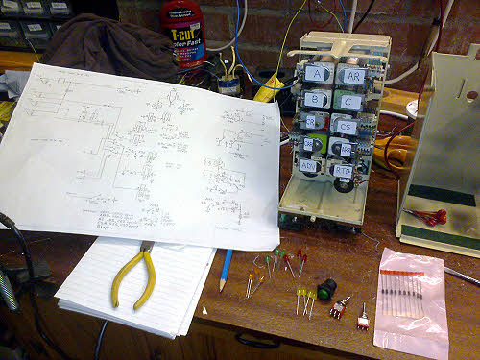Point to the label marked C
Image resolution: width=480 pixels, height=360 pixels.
click(350, 101)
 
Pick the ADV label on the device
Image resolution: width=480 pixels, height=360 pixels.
click(309, 165)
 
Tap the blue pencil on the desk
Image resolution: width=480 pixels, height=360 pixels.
click(226, 270)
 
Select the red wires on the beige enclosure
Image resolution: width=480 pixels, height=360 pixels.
click(425, 216)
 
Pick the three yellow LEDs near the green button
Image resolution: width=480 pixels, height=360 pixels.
click(304, 300)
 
